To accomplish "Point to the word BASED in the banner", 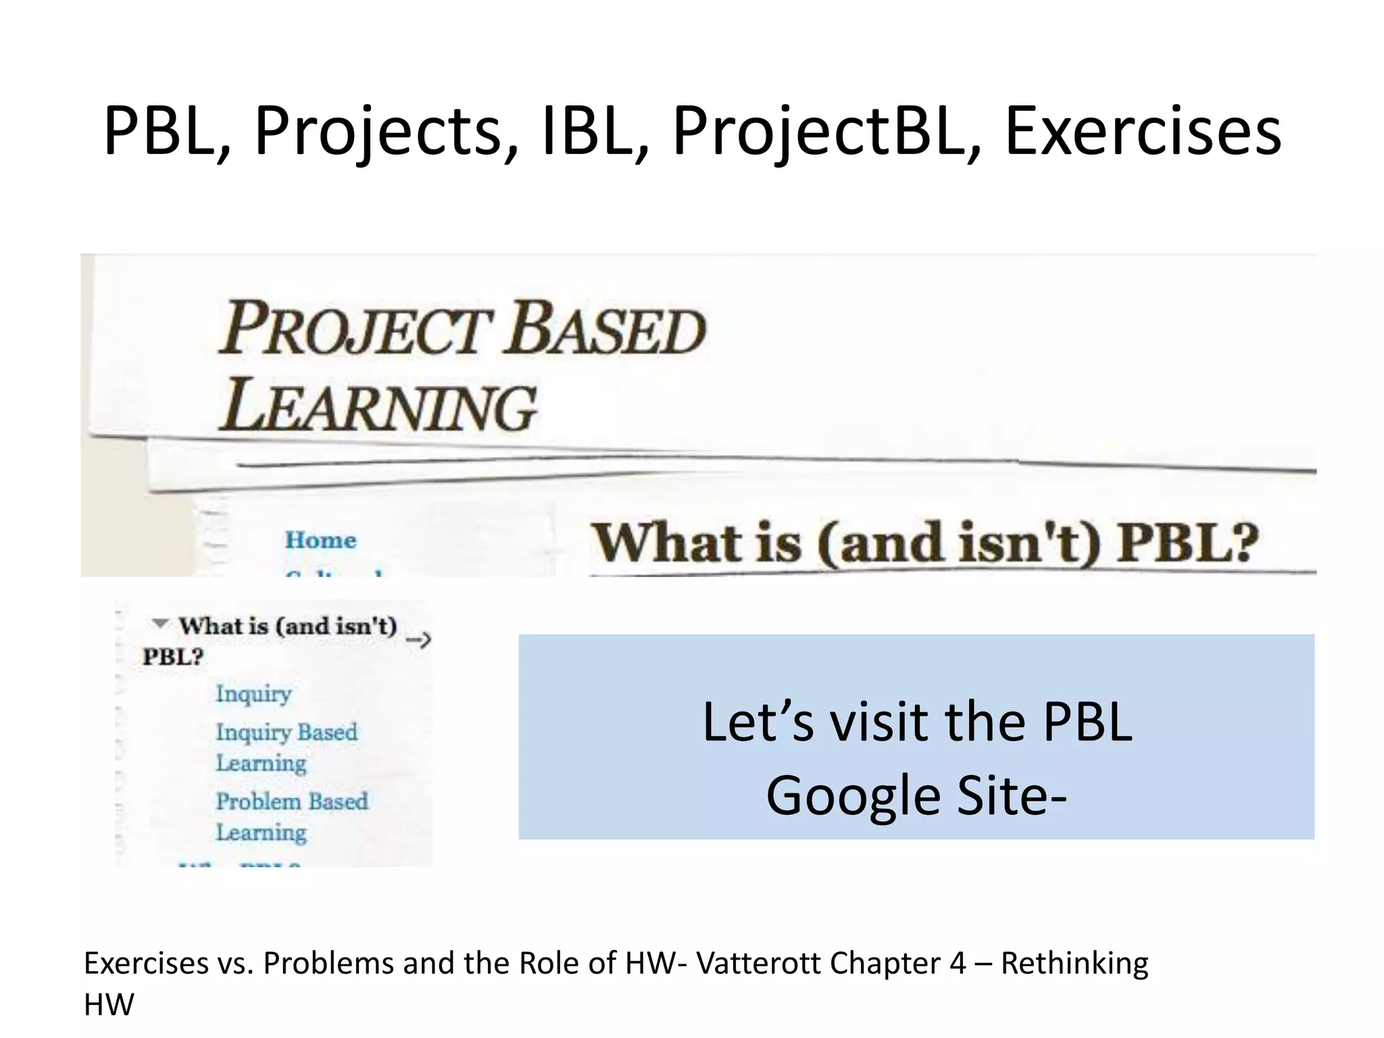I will coord(606,329).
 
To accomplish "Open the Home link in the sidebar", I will coord(320,540).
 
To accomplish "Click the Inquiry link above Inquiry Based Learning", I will coord(253,693).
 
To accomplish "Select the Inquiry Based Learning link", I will coord(286,747).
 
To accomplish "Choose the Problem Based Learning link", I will coord(291,816).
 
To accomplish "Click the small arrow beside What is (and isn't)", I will coord(419,639).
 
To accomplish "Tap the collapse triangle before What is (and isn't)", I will coord(159,623).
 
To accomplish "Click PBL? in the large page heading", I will coord(1187,543).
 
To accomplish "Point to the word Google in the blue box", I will coord(854,795).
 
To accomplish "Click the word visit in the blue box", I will coord(880,722).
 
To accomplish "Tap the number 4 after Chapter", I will coord(957,963).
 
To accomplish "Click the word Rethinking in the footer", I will coord(1074,963).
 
